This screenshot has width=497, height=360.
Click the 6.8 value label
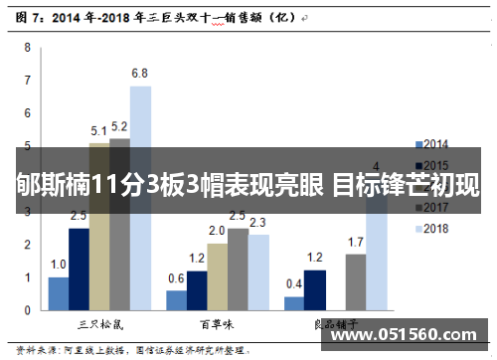pyautogui.click(x=140, y=74)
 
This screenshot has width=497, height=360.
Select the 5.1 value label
pyautogui.click(x=99, y=130)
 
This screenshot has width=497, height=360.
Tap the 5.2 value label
pyautogui.click(x=119, y=127)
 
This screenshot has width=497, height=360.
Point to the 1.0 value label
pyautogui.click(x=58, y=265)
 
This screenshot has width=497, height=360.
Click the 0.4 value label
pyautogui.click(x=294, y=284)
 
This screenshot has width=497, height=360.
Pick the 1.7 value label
pyautogui.click(x=355, y=242)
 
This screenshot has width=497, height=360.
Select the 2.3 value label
pyautogui.click(x=257, y=223)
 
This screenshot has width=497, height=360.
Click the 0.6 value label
pyautogui.click(x=176, y=278)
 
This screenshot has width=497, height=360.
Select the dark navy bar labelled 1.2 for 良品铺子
pyautogui.click(x=315, y=289)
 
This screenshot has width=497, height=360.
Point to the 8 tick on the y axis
pyautogui.click(x=28, y=47)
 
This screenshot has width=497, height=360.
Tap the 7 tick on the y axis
pyautogui.click(x=28, y=80)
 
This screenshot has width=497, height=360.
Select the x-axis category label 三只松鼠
pyautogui.click(x=99, y=324)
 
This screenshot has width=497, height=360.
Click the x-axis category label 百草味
pyautogui.click(x=217, y=324)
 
